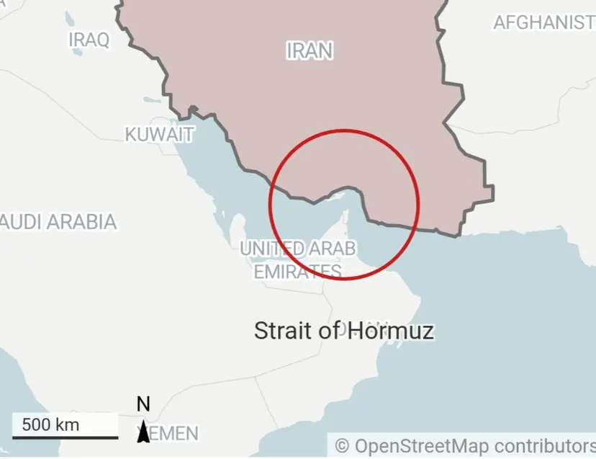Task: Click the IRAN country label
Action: click(x=310, y=50)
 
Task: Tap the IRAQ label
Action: click(x=89, y=40)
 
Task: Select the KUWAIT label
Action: click(x=159, y=135)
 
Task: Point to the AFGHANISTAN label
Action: click(x=544, y=22)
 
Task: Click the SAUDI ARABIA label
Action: click(x=58, y=221)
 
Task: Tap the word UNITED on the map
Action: click(x=272, y=249)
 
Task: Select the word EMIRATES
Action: click(x=297, y=271)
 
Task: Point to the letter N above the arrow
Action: click(x=143, y=404)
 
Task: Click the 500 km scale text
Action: click(x=50, y=424)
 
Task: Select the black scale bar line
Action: click(x=65, y=437)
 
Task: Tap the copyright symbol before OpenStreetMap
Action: click(x=342, y=445)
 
